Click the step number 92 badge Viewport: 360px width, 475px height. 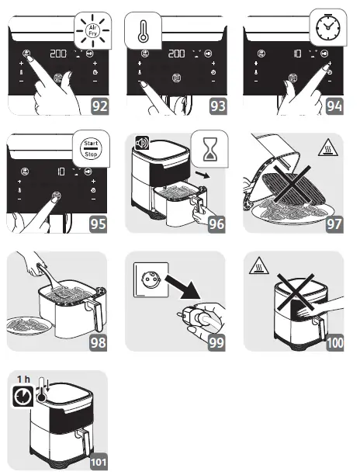100,106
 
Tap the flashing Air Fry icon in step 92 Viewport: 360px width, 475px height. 92,30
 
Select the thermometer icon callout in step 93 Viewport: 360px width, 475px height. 143,30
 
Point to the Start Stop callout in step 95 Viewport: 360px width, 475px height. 91,148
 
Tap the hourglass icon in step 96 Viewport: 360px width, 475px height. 209,148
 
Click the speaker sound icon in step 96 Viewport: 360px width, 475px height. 142,143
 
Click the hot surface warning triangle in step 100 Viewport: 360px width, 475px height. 259,265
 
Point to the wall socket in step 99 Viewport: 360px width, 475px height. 151,279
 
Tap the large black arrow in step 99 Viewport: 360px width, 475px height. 183,286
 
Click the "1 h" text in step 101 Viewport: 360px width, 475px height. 23,379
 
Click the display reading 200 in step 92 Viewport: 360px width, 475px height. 58,54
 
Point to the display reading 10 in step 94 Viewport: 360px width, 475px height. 298,54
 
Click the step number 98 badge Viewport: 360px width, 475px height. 99,342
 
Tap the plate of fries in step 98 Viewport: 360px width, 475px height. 26,324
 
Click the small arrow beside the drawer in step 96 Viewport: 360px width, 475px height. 202,175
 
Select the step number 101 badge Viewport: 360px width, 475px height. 99,462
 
